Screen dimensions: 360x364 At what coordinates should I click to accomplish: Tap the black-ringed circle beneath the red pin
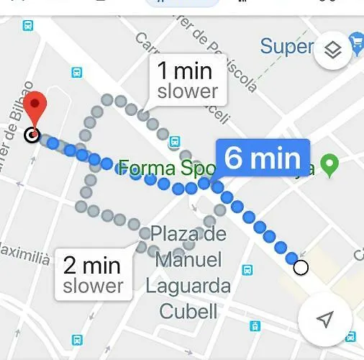tap(32, 135)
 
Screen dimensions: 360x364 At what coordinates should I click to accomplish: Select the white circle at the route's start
tap(301, 268)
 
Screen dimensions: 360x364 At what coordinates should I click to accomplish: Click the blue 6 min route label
tap(263, 158)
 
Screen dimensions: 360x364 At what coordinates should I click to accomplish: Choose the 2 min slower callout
tap(93, 274)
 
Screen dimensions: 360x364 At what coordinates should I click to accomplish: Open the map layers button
tap(332, 50)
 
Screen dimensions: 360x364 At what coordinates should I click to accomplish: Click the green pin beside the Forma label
tap(330, 166)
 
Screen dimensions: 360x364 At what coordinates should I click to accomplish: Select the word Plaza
tap(188, 234)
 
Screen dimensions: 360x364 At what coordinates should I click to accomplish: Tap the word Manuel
tap(188, 259)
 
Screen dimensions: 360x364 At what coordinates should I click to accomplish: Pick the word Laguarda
tap(188, 286)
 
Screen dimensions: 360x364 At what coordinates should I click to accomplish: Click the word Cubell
tap(188, 312)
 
